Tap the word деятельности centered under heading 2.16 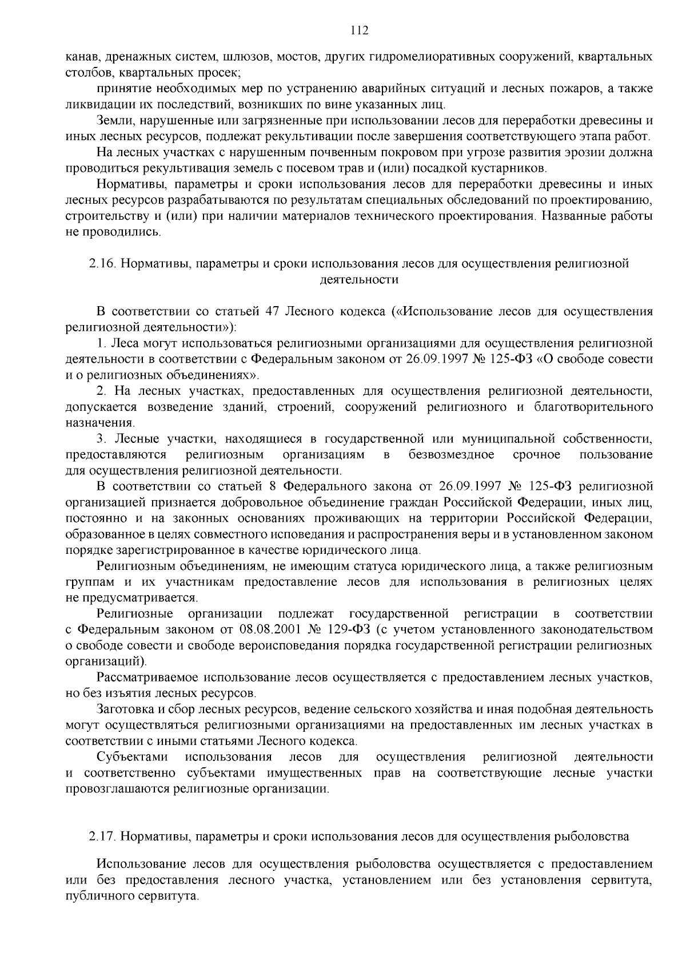point(358,280)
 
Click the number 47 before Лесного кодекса point(272,312)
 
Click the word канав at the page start point(79,57)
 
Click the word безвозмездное point(452,455)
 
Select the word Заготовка point(123,710)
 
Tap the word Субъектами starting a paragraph point(132,757)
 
